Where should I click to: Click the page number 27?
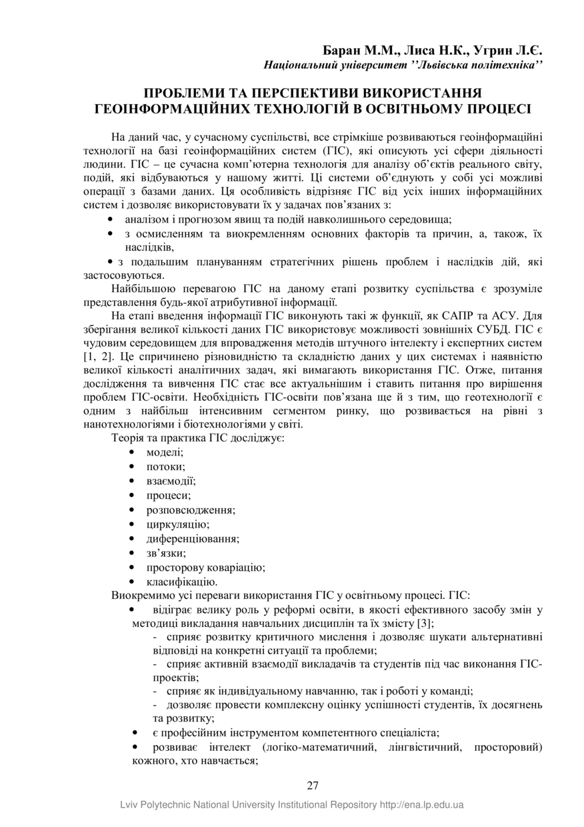pos(313,785)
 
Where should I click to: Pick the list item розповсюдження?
pos(191,510)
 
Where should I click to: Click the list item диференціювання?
pos(193,539)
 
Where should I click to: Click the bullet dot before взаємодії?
pos(132,481)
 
